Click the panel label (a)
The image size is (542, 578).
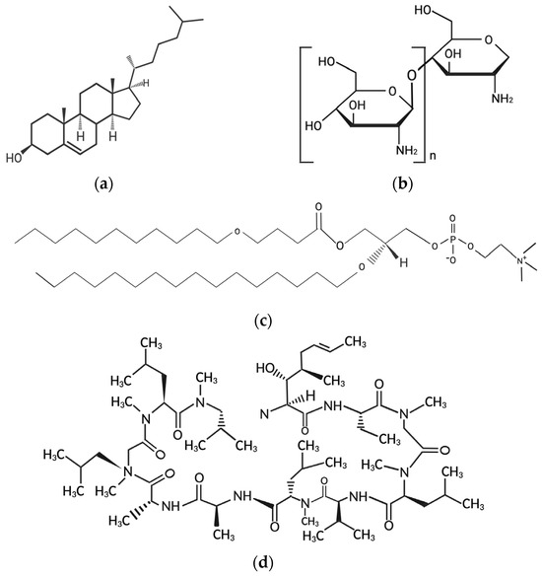click(103, 183)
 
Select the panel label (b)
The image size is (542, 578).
click(403, 183)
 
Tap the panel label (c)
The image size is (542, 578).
click(264, 322)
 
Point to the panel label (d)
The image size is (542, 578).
click(264, 563)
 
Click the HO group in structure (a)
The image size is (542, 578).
click(13, 158)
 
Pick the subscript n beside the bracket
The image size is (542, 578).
click(433, 156)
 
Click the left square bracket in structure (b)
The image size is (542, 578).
click(306, 105)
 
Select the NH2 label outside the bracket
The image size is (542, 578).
click(502, 99)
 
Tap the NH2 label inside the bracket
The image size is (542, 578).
click(407, 150)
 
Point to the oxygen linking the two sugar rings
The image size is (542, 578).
click(412, 76)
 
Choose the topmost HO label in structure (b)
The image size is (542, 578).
click(424, 10)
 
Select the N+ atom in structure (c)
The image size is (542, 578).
click(520, 261)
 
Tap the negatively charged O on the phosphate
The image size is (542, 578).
click(451, 260)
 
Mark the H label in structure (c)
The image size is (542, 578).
click(404, 262)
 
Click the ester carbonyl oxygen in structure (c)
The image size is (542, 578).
click(318, 207)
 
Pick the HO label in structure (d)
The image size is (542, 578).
click(265, 368)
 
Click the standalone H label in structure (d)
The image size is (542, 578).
click(310, 397)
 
